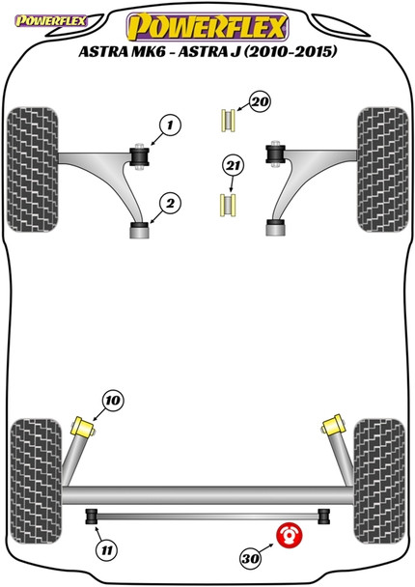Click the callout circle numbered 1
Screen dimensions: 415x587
(170, 126)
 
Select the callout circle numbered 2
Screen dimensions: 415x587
(170, 204)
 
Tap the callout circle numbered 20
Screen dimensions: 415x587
(260, 101)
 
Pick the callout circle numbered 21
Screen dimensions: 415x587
(234, 165)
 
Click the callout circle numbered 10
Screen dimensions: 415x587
(113, 401)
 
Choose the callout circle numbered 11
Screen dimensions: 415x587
(107, 550)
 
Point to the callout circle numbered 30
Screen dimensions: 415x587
(250, 559)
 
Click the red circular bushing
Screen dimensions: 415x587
(289, 535)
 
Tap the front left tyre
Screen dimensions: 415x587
(33, 170)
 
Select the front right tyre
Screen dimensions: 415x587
(382, 170)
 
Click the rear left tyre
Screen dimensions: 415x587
(36, 481)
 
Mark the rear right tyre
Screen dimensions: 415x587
(379, 481)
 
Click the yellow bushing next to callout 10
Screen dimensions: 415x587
(83, 427)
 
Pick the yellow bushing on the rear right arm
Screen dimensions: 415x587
(332, 425)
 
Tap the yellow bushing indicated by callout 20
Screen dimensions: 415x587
(228, 120)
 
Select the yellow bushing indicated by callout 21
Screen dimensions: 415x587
(227, 205)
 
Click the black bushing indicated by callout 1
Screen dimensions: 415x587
(140, 156)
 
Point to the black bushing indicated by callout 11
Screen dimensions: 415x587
(92, 517)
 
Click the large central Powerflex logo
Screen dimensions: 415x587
(207, 27)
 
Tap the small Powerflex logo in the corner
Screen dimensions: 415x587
(50, 20)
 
